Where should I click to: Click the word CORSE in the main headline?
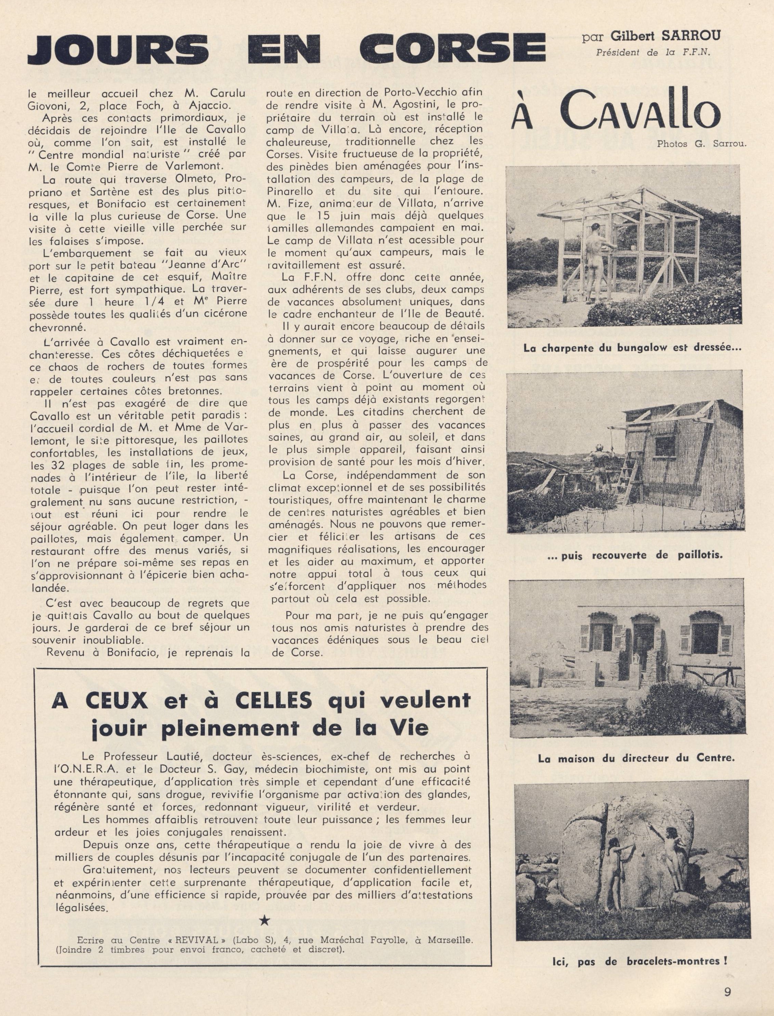point(452,48)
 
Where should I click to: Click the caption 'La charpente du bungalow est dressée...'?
point(632,348)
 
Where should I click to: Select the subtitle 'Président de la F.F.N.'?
point(653,52)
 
